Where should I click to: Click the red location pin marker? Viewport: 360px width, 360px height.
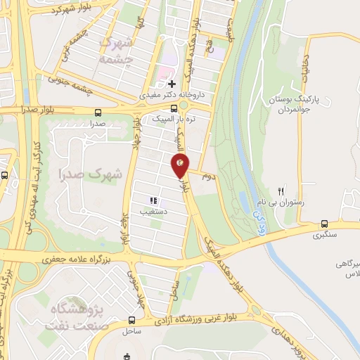(180, 166)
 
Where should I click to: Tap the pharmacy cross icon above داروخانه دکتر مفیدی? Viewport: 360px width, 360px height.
(172, 84)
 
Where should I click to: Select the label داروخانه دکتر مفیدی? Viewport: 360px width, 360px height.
(165, 94)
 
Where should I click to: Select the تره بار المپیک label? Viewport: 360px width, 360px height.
(170, 120)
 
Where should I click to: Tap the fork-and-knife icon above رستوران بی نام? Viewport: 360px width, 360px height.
(281, 191)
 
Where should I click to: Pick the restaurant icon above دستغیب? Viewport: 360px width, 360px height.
(153, 200)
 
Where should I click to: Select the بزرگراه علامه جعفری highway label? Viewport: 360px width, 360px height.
(75, 259)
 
